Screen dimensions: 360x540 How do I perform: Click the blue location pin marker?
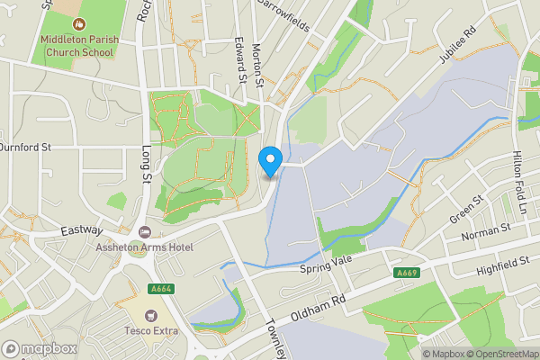click(x=270, y=161)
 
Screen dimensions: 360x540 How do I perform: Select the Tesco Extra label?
click(x=150, y=330)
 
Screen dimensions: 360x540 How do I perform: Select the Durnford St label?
click(x=26, y=146)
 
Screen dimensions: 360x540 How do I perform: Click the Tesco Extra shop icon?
click(x=150, y=316)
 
